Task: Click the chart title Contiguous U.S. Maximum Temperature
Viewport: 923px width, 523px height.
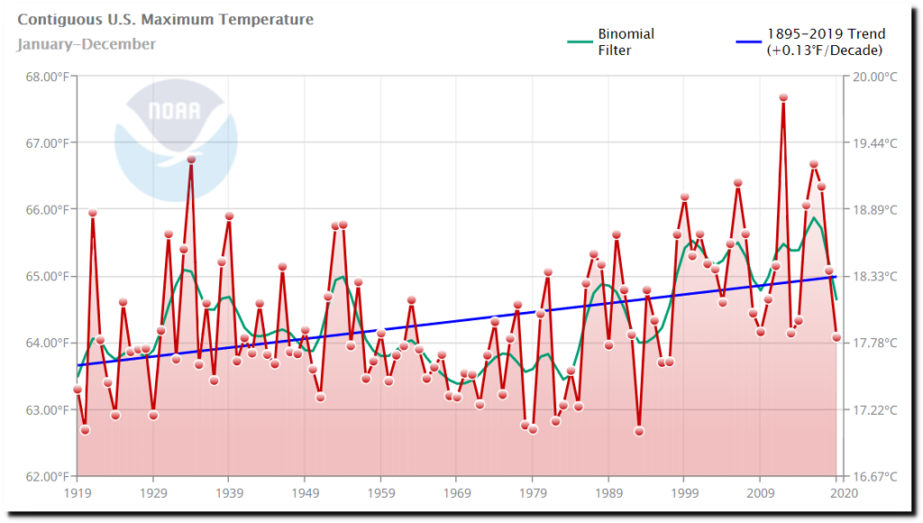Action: tap(165, 20)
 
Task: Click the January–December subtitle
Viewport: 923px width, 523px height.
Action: tap(86, 44)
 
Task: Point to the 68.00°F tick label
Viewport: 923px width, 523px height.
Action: tap(43, 77)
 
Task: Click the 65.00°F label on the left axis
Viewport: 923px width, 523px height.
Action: tap(43, 276)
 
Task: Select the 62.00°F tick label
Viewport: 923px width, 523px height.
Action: tap(43, 476)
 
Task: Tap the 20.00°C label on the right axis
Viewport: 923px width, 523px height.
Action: tap(876, 77)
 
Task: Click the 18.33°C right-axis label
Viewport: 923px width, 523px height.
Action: tap(876, 276)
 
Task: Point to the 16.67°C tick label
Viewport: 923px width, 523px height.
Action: tap(876, 476)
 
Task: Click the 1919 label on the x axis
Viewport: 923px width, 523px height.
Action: tap(77, 493)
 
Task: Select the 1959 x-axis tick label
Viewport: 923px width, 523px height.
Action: tap(380, 493)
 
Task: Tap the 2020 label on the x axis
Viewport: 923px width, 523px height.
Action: tap(843, 493)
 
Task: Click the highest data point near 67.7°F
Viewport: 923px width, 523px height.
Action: tap(783, 97)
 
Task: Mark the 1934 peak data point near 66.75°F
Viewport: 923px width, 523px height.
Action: tap(191, 160)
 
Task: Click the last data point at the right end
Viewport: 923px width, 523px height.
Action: tap(836, 337)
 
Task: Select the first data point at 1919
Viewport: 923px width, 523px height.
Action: tap(78, 390)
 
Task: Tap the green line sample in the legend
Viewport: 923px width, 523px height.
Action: tap(578, 41)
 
